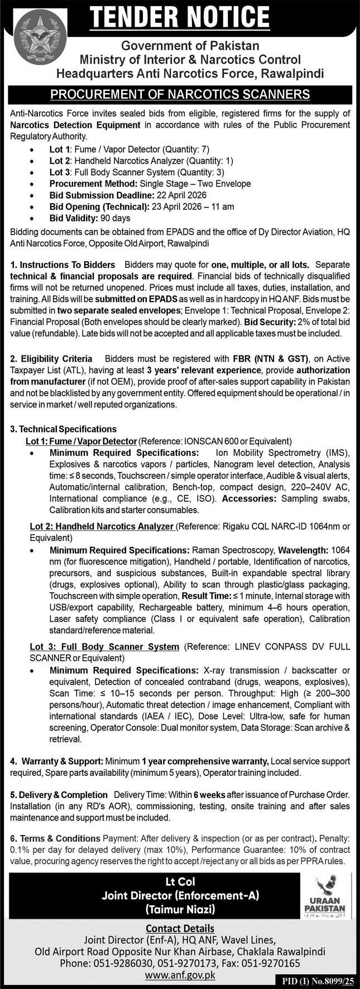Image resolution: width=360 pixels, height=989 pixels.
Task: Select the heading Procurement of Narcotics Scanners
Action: click(x=180, y=94)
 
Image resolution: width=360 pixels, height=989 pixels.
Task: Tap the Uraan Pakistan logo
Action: click(x=325, y=896)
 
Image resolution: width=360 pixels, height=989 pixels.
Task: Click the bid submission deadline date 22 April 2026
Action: click(x=181, y=195)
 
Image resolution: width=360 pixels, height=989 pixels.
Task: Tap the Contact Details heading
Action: click(x=180, y=928)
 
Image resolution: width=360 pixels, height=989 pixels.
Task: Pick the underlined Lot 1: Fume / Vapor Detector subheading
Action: click(x=81, y=441)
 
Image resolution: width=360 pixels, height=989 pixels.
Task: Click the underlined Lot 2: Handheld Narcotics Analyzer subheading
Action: click(x=102, y=526)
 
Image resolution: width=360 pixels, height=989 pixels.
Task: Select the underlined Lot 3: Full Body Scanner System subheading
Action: click(x=104, y=646)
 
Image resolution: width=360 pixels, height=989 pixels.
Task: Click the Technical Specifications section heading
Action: click(x=64, y=429)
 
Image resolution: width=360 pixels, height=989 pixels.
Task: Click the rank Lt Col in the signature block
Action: click(x=180, y=882)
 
